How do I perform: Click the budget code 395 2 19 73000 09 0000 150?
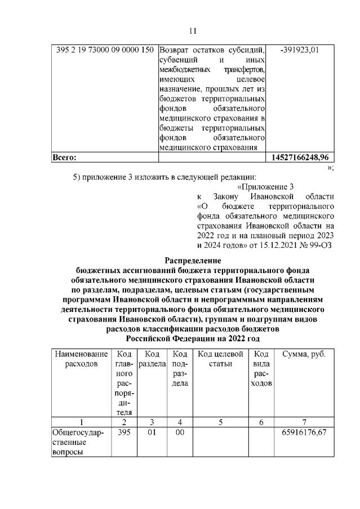105,50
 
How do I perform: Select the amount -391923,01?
300,50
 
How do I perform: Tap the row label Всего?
64,157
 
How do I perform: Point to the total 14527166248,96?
300,157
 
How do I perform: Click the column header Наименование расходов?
81,359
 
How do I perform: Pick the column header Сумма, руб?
304,354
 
